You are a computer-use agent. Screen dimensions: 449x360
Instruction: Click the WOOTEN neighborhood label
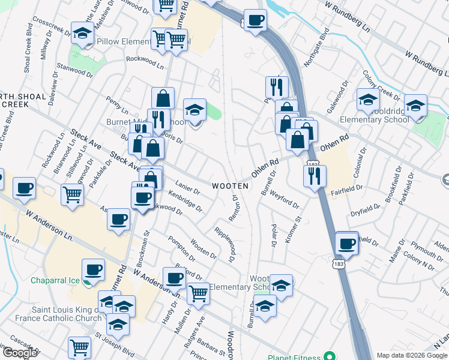tap(230, 186)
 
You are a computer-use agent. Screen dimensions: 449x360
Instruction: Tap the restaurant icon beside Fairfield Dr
tap(314, 176)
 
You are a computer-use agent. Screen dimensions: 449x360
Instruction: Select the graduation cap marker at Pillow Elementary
tap(82, 34)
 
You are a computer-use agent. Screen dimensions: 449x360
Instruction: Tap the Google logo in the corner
tap(20, 353)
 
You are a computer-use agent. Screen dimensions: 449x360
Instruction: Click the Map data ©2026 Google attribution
tap(412, 355)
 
